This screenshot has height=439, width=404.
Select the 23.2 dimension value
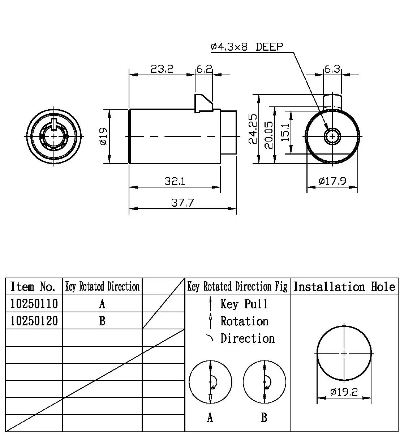tap(162, 68)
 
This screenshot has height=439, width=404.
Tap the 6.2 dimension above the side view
tap(204, 68)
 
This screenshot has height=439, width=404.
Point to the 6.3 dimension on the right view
tap(332, 68)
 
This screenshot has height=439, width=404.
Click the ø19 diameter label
tap(103, 136)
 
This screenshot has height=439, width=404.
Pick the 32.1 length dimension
tap(175, 181)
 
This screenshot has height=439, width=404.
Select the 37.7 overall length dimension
tap(182, 202)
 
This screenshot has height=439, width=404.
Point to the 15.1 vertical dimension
tap(285, 132)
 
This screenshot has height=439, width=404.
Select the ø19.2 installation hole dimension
tap(344, 392)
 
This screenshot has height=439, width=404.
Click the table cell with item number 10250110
tap(34, 304)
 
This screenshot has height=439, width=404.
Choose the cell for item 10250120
tap(34, 321)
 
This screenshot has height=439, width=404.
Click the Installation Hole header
tap(344, 287)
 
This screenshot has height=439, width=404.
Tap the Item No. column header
tap(34, 287)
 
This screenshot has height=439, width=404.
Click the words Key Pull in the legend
tap(244, 304)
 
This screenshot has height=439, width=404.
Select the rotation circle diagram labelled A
tap(210, 382)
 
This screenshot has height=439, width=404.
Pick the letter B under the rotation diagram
tap(264, 418)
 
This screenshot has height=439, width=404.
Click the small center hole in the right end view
tap(332, 136)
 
